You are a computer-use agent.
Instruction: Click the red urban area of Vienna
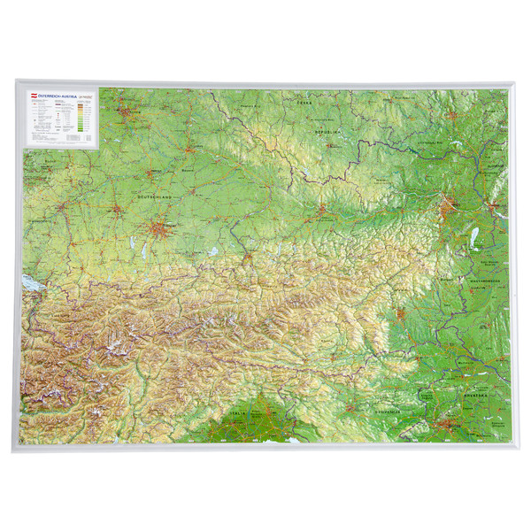448,211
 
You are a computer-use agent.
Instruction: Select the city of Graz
402,312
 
